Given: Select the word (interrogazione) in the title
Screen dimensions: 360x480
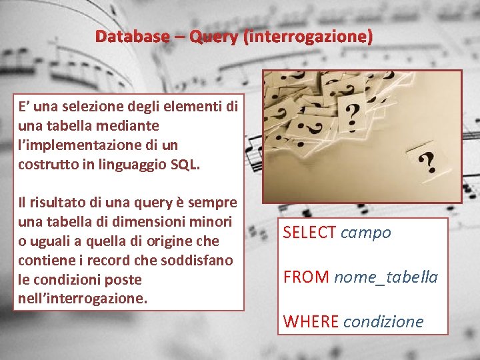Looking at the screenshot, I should click(x=309, y=37).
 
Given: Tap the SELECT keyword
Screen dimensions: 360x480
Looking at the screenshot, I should click(x=309, y=233).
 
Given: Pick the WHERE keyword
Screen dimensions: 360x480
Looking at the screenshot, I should click(x=311, y=321).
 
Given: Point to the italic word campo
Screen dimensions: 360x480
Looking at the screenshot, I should click(x=366, y=233).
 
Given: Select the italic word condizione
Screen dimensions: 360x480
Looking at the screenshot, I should click(x=383, y=321).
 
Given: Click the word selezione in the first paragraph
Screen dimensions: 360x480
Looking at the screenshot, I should click(x=95, y=106).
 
